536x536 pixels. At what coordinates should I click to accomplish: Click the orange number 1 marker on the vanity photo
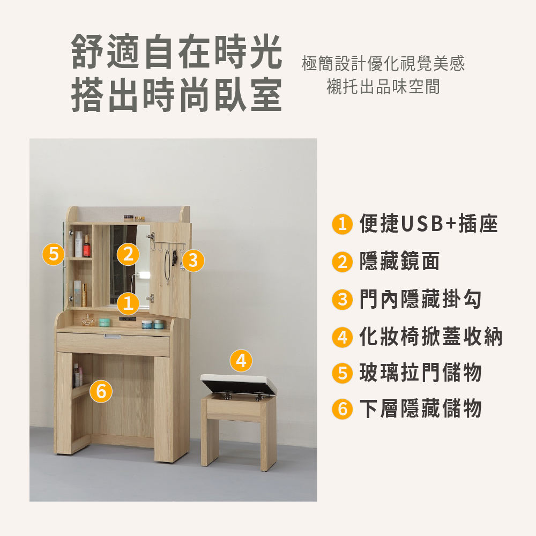pos(128,303)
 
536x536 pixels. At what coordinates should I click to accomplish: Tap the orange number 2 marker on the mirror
pos(128,254)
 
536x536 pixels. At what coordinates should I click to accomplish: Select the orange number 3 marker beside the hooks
pos(193,260)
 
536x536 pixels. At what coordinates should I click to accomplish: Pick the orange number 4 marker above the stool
pos(241,361)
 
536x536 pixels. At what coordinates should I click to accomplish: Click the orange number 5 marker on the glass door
pos(54,254)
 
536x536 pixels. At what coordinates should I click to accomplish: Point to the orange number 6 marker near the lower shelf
pos(101,391)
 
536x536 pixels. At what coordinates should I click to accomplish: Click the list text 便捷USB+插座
pos(428,224)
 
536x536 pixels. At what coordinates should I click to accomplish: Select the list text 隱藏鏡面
pos(399,262)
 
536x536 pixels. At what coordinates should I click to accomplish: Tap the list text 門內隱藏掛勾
pos(420,299)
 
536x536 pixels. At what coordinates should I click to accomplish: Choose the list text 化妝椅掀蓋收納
pos(431,337)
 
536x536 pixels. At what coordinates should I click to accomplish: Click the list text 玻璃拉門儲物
pos(420,373)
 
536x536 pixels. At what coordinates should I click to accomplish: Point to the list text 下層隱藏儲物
pos(420,408)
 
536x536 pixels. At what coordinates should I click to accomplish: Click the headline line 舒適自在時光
pos(177,51)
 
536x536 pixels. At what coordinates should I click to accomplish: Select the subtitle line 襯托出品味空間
pos(383,86)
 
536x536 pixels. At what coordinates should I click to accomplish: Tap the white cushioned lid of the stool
pos(239,381)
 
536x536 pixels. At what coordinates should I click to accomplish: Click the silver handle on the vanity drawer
pos(113,337)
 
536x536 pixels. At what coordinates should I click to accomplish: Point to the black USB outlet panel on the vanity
pos(128,319)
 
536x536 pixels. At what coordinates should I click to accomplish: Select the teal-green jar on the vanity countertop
pos(105,323)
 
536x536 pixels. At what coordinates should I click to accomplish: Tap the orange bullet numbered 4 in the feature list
pos(342,337)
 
